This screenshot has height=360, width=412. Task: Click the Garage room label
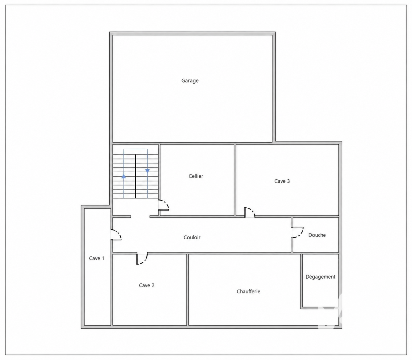click(190, 80)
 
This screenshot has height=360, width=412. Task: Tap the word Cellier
click(196, 176)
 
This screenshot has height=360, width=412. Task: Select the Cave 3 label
click(282, 181)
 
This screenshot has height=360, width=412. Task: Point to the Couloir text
click(192, 237)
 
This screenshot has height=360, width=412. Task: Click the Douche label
click(317, 235)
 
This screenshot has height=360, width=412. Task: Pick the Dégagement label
click(321, 277)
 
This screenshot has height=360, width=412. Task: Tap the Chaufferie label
click(248, 292)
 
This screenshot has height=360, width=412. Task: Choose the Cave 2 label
click(147, 285)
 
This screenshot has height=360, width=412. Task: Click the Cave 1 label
click(97, 258)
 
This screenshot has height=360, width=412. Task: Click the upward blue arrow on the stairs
click(124, 177)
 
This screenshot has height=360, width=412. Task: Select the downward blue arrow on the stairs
click(147, 171)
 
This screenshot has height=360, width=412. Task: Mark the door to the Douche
click(298, 233)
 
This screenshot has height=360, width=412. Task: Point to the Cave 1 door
click(116, 235)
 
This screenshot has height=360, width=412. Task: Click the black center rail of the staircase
click(135, 176)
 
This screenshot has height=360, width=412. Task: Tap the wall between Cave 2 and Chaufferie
click(188, 289)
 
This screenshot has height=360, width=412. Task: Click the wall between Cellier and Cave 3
click(235, 180)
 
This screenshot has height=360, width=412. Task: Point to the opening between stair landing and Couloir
click(140, 217)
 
